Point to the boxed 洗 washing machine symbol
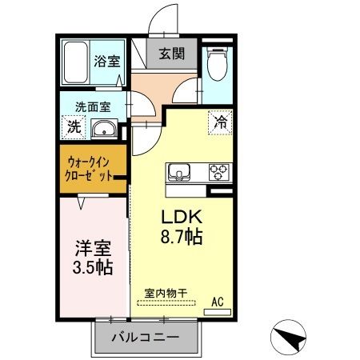(x=74, y=126)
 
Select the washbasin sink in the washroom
(x=104, y=130)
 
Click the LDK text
(x=186, y=217)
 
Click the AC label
(x=217, y=302)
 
